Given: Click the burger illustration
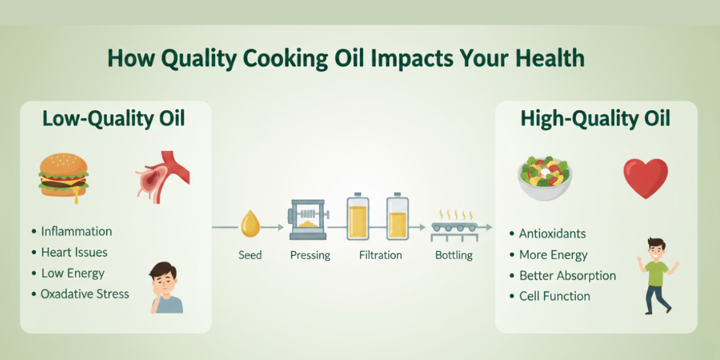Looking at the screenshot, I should coord(63,175).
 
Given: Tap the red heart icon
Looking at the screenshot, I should coord(645,178).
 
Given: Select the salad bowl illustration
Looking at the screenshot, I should coord(545,178).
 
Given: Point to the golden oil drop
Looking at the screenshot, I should coord(250,224).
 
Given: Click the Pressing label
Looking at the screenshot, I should coord(310,255).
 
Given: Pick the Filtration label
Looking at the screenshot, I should coord(381,255).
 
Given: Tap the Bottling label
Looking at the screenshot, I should coord(454,255).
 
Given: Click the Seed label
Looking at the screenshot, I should coord(250,255).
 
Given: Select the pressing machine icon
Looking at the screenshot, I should coord(308,219).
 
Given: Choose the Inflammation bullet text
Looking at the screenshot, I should coord(77,231).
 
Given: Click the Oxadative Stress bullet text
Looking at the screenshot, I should coord(85,294).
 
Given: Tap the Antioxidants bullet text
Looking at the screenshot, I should coord(553,234).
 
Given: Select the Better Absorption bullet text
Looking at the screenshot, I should coord(567,275).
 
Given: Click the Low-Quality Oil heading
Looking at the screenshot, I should coord(114,119).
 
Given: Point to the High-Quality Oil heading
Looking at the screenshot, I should coord(595,119).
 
